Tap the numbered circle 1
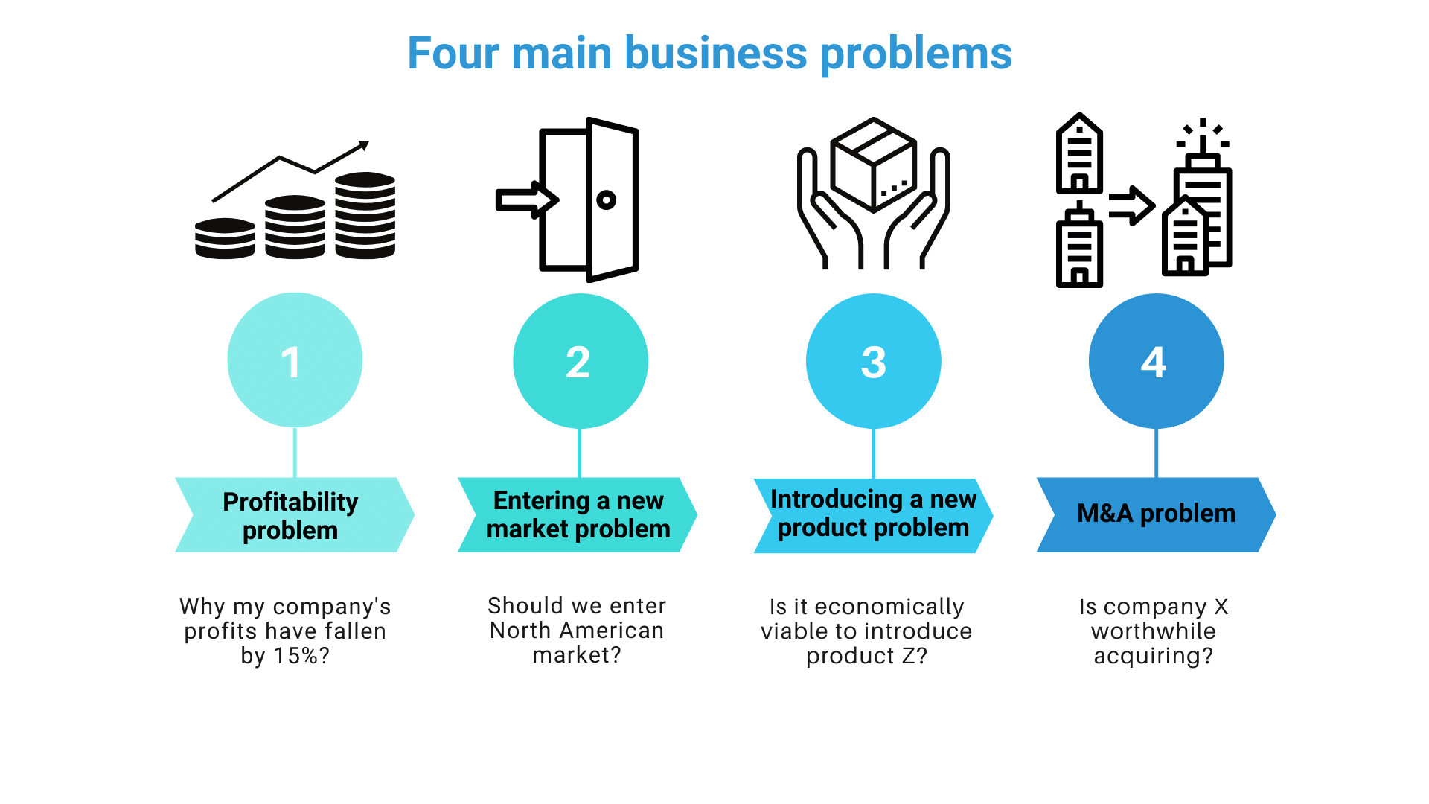point(295,360)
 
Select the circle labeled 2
point(580,361)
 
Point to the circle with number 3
point(873,361)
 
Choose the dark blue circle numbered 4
point(1156,361)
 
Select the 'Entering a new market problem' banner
point(578,514)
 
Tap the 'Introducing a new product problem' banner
point(873,514)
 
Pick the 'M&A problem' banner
point(1156,514)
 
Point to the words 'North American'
point(577,631)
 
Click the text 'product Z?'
point(867,656)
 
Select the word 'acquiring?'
point(1153,656)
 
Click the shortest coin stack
point(225,238)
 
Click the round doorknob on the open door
point(606,200)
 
